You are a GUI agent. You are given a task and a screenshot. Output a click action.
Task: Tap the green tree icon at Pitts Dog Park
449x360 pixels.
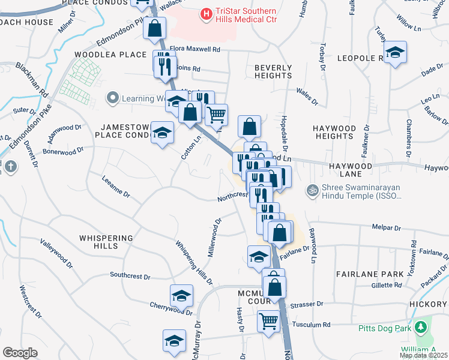pyautogui.click(x=421, y=327)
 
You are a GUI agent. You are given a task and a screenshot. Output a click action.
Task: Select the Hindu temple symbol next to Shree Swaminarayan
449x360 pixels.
pyautogui.click(x=311, y=190)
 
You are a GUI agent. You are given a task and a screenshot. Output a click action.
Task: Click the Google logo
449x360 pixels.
pyautogui.click(x=19, y=352)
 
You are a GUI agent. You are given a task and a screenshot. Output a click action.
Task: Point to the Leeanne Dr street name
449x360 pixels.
pyautogui.click(x=116, y=186)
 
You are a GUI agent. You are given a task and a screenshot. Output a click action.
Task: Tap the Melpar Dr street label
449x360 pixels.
pyautogui.click(x=386, y=228)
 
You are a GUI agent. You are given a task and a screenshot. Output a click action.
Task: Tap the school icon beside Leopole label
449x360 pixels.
pyautogui.click(x=395, y=53)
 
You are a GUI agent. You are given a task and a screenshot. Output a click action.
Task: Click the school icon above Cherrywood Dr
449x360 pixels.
pyautogui.click(x=181, y=296)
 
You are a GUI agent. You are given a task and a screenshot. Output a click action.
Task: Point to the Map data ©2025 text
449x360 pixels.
pyautogui.click(x=423, y=355)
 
